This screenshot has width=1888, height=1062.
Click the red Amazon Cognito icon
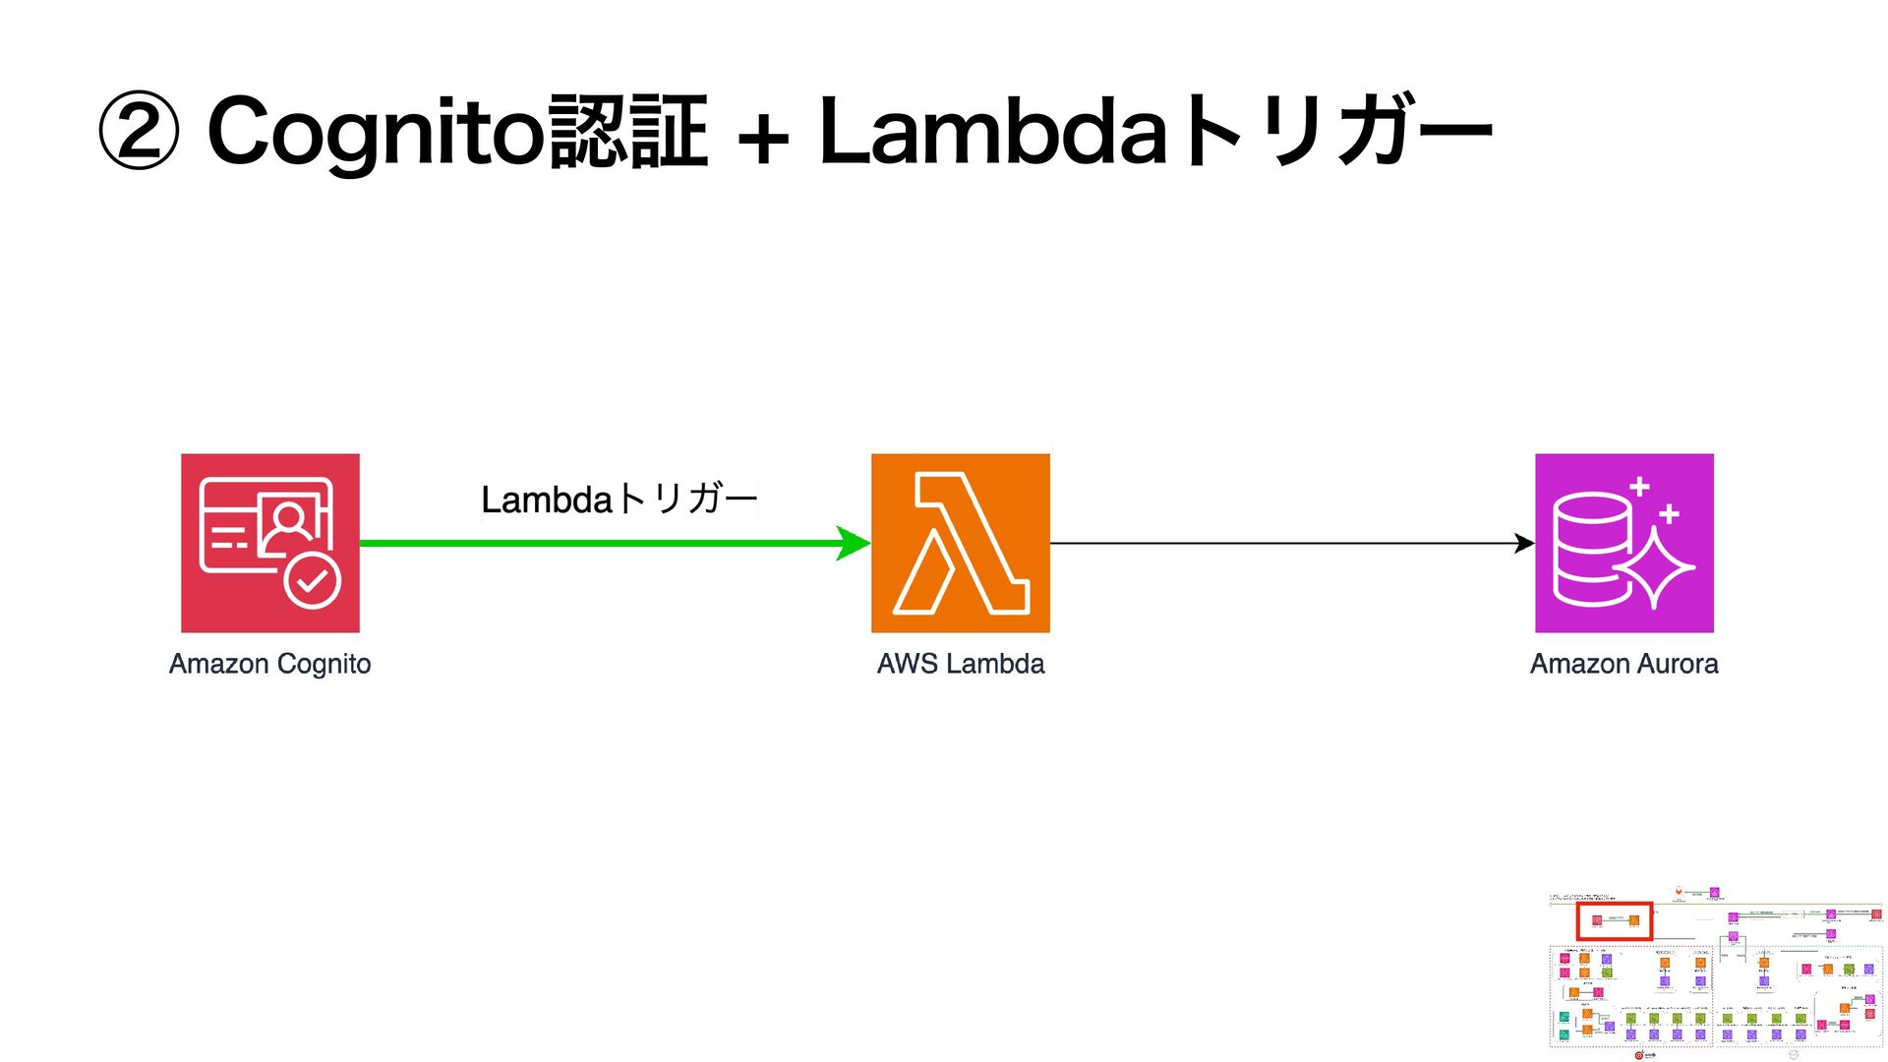tap(269, 543)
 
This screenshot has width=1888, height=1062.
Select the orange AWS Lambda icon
tap(960, 543)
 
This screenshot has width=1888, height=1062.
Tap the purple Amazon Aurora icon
tap(1623, 543)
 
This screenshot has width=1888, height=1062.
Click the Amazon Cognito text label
tap(269, 664)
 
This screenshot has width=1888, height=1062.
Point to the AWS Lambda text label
tap(960, 664)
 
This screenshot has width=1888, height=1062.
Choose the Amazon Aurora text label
tap(1623, 664)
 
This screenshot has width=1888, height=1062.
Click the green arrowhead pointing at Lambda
tap(853, 543)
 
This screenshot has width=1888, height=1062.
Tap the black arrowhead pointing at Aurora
tap(1524, 543)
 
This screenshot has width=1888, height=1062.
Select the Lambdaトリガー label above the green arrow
tap(619, 500)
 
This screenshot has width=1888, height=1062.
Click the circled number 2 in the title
tap(139, 132)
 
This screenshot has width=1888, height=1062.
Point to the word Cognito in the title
tap(376, 132)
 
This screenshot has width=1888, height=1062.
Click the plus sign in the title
tap(762, 138)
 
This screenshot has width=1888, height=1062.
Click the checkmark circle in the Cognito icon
tap(313, 582)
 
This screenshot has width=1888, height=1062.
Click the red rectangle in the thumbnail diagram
tap(1614, 921)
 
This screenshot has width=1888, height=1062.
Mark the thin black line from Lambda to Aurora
tap(1278, 543)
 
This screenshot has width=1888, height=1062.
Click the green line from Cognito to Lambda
tap(590, 543)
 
